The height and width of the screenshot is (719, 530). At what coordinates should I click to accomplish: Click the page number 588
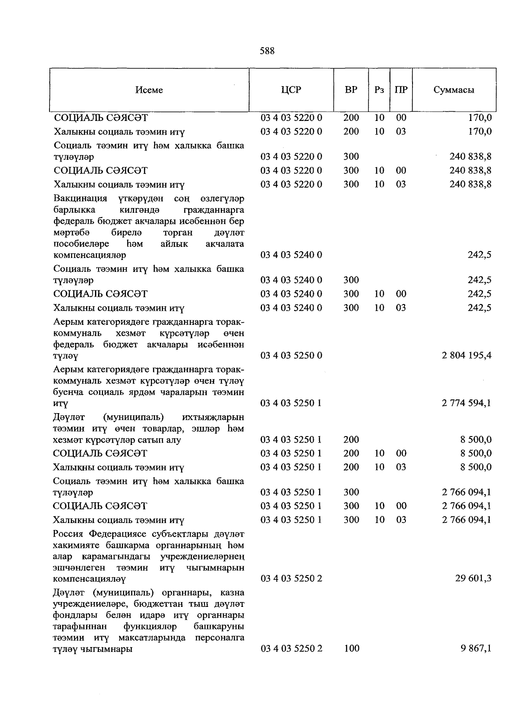pos(267,51)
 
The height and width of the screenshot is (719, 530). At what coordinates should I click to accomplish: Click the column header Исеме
pos(149,90)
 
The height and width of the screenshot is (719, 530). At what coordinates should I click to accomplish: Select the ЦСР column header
pos(291,90)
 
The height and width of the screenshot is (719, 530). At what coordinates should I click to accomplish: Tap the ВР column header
pos(351,90)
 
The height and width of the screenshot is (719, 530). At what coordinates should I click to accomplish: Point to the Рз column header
pos(379,90)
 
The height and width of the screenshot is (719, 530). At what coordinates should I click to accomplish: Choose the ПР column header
pos(401,90)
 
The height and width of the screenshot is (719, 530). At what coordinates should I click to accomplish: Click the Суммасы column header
pos(454,90)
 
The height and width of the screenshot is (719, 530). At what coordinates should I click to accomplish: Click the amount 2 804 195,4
pos(466,355)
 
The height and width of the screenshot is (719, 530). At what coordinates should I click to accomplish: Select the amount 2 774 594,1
pos(466,403)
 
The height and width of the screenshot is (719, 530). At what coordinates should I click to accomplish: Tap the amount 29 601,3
pos(473,578)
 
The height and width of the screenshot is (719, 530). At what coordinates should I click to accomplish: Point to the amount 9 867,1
pos(476,648)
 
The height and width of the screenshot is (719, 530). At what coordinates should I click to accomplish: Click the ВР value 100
pos(351,648)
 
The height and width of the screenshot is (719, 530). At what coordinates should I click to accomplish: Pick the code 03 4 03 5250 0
pos(291,355)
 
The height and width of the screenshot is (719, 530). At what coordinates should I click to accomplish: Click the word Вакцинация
pos(80,198)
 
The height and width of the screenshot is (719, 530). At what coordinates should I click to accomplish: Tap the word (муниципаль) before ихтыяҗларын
pos(133,417)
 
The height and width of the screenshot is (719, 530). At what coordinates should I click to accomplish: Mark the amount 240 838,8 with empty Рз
pos(470,157)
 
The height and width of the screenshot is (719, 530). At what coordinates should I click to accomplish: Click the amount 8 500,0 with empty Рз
pos(476,440)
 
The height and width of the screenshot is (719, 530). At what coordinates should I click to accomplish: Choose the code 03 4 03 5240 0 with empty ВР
pos(291,255)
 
